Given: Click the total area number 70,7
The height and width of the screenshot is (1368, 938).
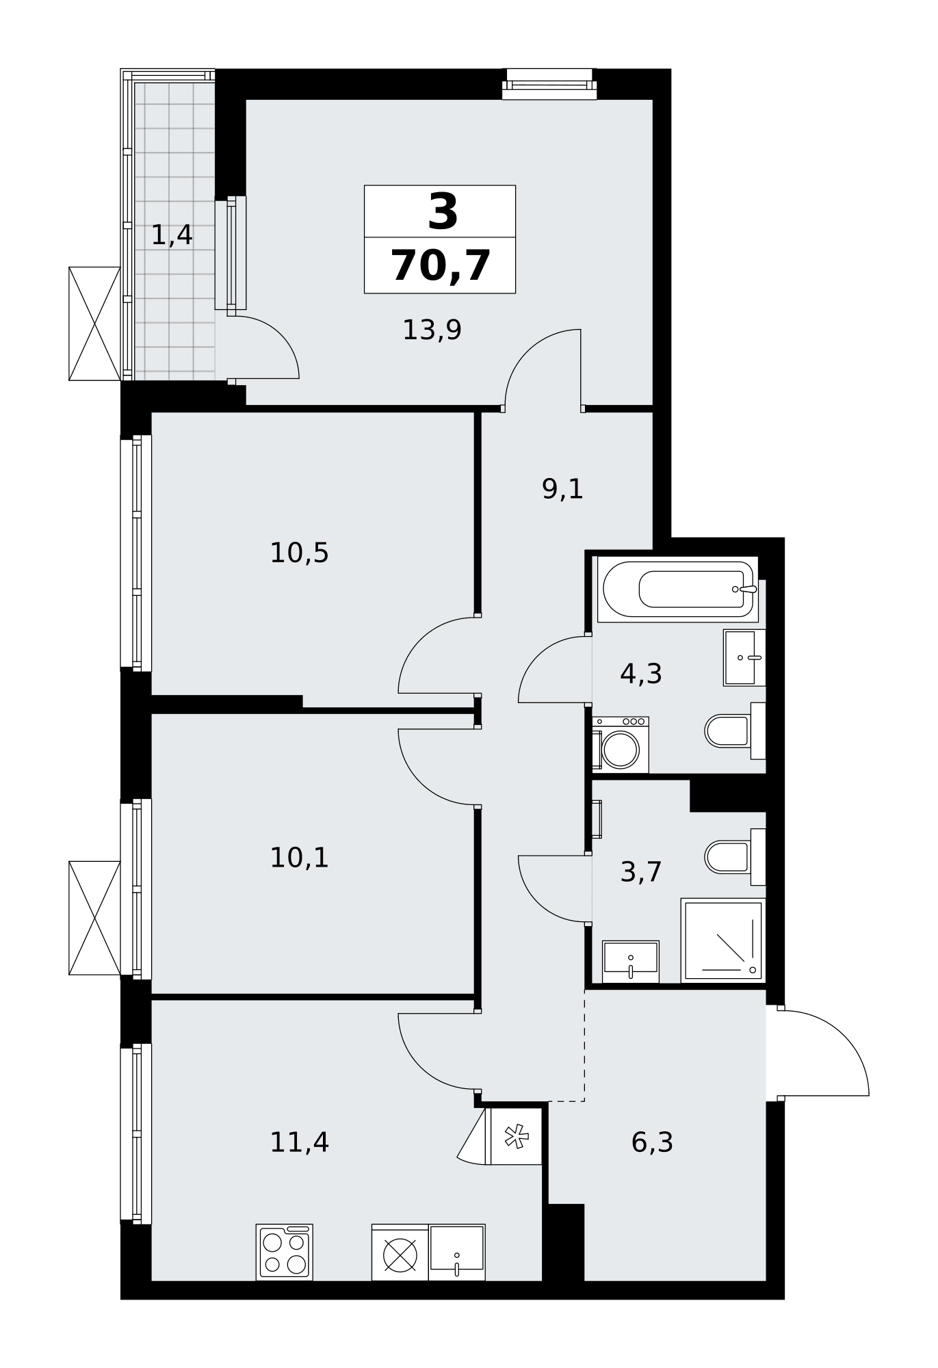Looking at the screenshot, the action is click(441, 266).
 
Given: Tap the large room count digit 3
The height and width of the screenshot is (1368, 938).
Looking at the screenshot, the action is click(443, 211).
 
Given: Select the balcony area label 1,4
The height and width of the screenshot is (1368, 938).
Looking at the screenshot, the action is click(171, 235).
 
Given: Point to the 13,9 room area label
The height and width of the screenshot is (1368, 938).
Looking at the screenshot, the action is click(432, 330).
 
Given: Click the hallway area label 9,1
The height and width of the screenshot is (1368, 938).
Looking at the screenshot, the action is click(562, 489).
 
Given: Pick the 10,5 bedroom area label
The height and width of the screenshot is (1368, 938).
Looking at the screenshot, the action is click(299, 553).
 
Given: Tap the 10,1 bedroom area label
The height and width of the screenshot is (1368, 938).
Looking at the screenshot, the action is click(299, 858).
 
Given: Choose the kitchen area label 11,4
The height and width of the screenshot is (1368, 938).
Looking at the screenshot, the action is click(299, 1142).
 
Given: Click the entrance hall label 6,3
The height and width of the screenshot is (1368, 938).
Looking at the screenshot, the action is click(652, 1142).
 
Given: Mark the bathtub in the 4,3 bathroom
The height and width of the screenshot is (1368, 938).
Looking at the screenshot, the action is click(677, 589).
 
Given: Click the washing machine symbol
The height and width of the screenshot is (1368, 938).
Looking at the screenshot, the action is click(621, 745).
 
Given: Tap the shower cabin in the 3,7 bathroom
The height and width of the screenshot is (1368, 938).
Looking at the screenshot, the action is click(723, 941).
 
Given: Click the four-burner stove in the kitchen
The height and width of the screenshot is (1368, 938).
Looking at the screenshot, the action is click(285, 1252).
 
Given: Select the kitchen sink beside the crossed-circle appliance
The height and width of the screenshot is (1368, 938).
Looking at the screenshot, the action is click(457, 1252).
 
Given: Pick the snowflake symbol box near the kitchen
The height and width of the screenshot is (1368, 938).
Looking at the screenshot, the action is click(517, 1136).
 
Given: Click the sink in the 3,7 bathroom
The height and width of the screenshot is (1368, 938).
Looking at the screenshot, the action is click(631, 962).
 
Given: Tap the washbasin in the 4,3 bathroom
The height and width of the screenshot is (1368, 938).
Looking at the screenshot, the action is click(744, 658).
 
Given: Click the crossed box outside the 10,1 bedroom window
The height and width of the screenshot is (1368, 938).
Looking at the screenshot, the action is click(94, 918).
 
